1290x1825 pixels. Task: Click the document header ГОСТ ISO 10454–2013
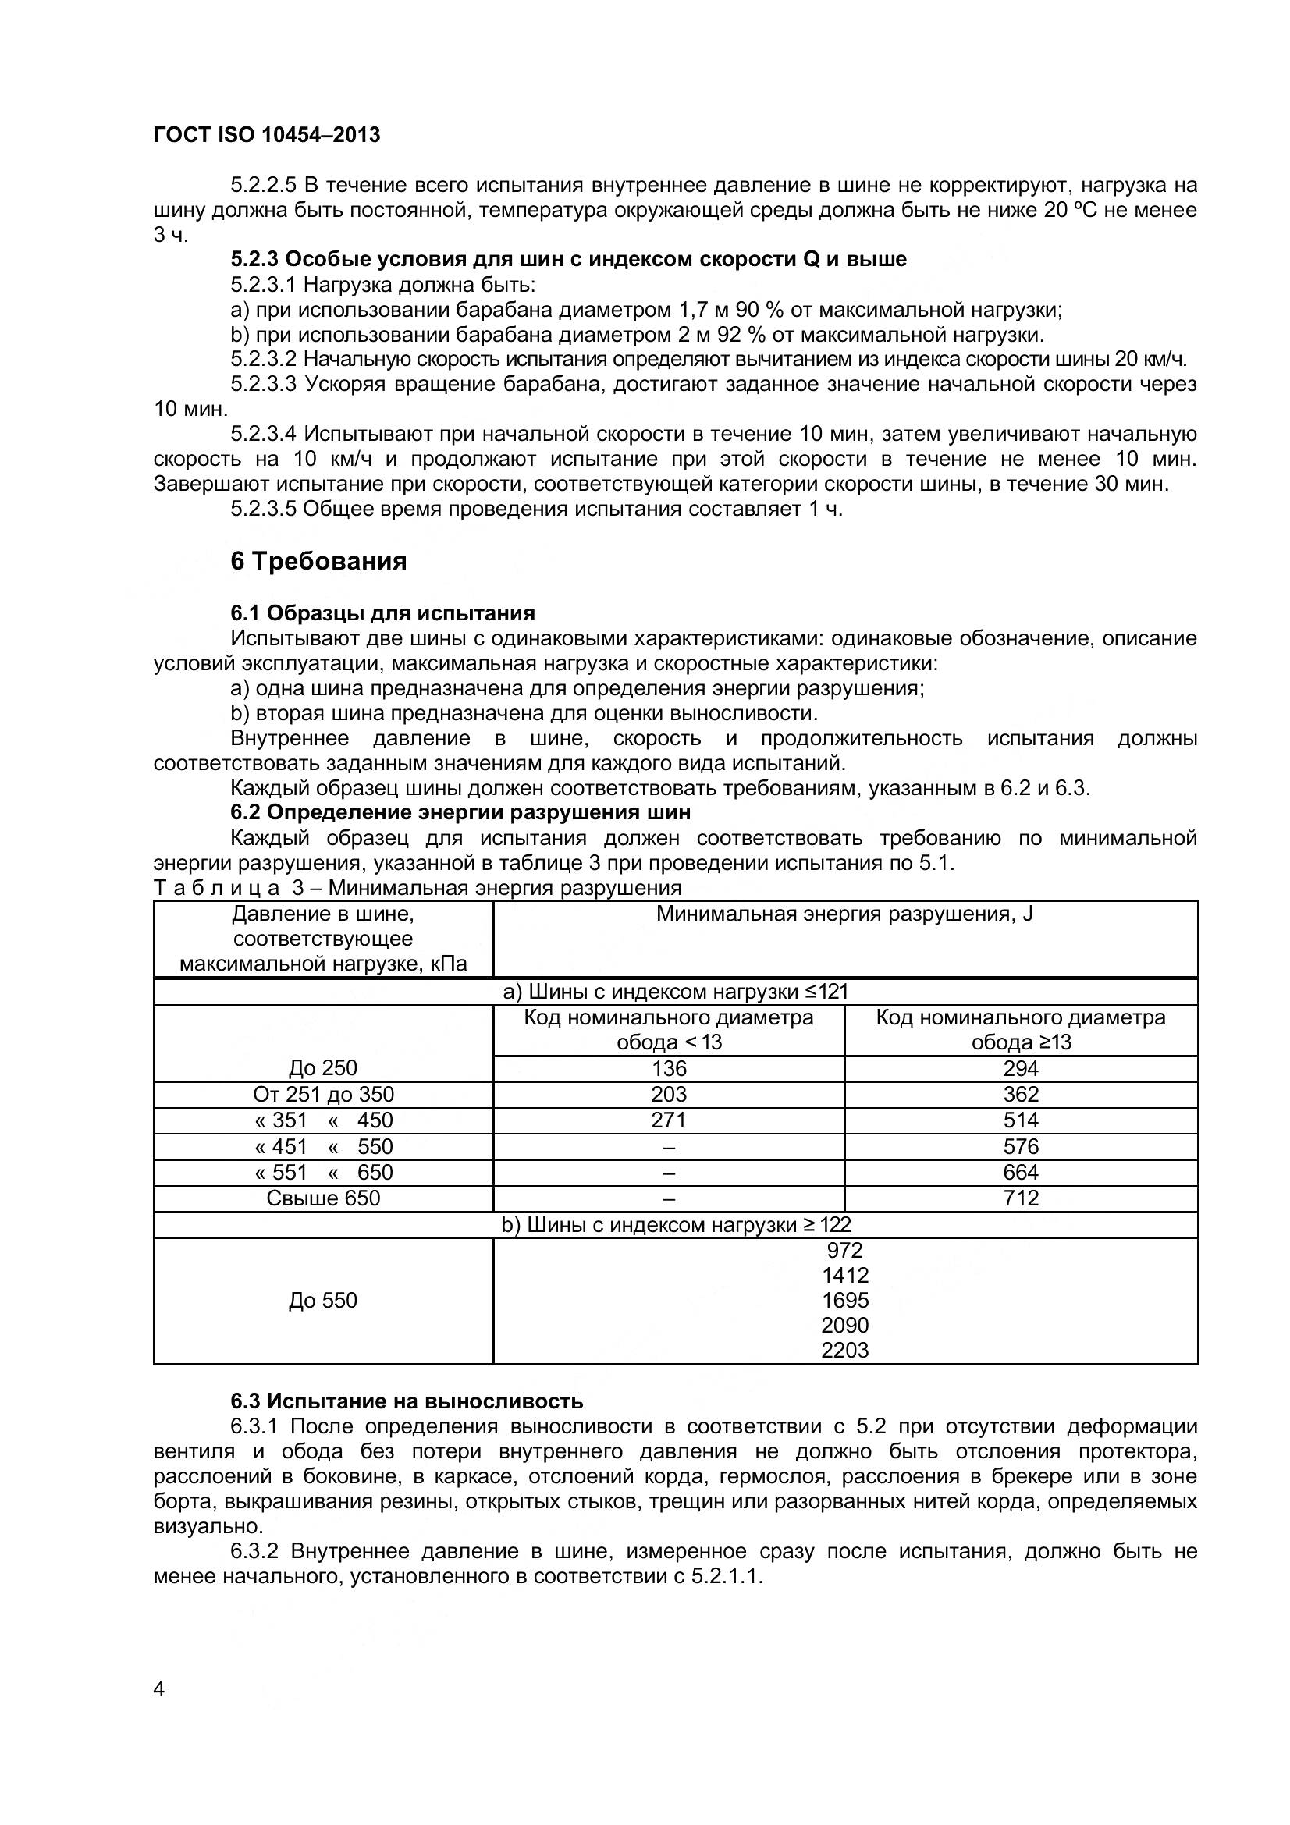(266, 135)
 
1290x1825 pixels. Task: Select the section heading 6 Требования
(318, 561)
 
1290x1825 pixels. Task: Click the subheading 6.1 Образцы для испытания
(382, 612)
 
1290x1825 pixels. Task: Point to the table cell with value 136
(669, 1068)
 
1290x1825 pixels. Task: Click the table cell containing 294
(1021, 1068)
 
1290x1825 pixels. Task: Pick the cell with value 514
(1021, 1120)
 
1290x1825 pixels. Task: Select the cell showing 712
(1021, 1198)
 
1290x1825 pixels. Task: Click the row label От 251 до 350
(323, 1095)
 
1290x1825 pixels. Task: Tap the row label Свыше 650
(323, 1198)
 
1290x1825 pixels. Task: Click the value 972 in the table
(845, 1249)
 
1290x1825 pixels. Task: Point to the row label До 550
(323, 1301)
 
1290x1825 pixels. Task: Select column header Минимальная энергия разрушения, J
(844, 914)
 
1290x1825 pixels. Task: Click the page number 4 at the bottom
(159, 1711)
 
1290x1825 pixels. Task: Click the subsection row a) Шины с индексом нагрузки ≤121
(676, 991)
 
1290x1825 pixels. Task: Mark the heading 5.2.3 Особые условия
(568, 259)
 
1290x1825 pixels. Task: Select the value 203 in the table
(669, 1095)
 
